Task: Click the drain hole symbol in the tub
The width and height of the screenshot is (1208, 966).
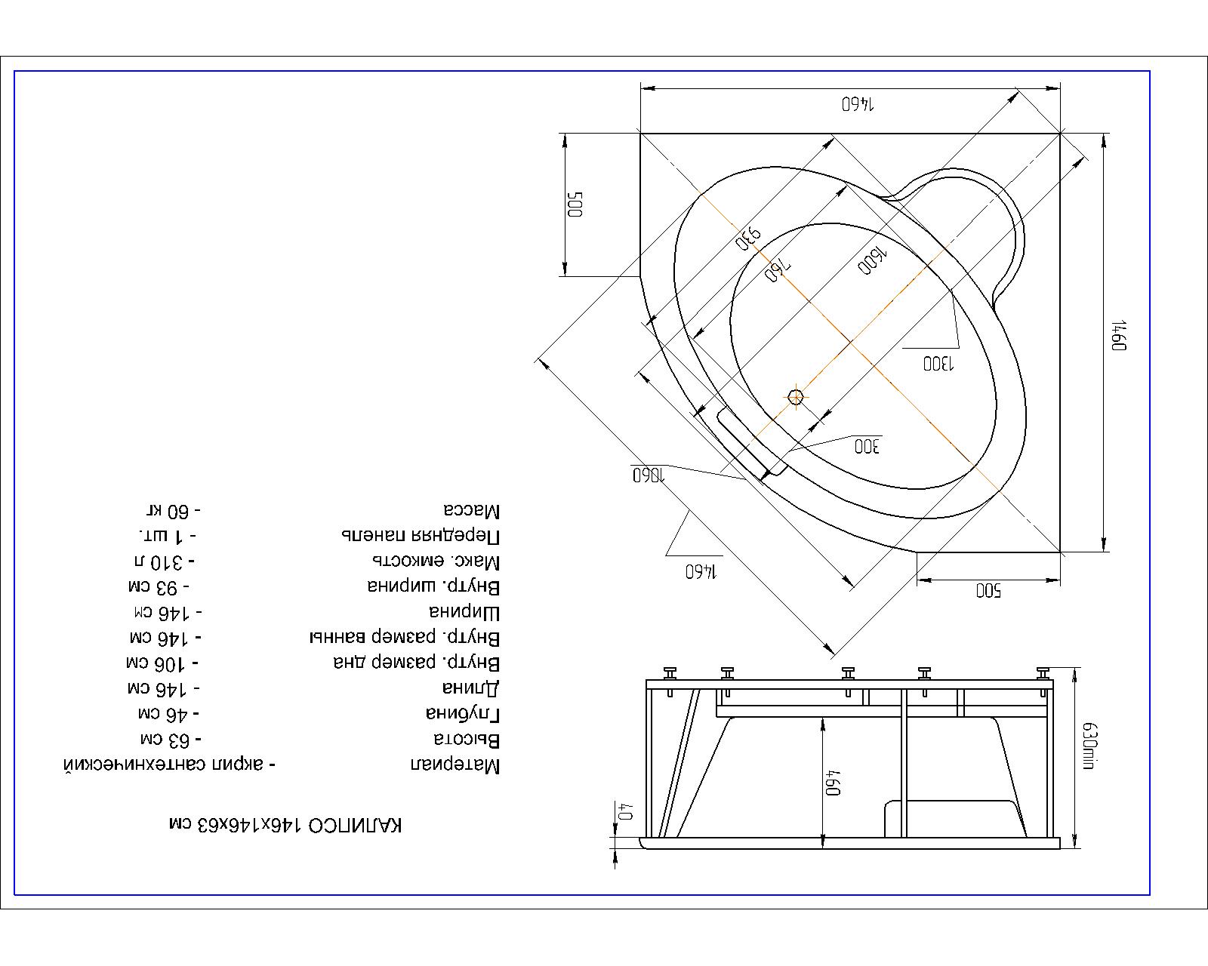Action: coord(796,398)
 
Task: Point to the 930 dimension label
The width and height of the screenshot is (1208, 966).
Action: coord(747,238)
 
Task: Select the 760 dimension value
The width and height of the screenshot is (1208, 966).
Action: coord(778,270)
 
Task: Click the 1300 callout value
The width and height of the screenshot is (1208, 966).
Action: coord(938,365)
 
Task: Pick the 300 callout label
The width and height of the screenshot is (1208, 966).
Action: coord(867,447)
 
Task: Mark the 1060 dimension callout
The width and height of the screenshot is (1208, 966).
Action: coord(649,475)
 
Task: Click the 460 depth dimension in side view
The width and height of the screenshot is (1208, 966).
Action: coord(833,783)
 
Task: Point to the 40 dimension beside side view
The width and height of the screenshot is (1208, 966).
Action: coord(626,812)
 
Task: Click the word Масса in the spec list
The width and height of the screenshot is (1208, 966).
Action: coord(472,510)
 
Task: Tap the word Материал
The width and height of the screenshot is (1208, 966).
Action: coord(455,764)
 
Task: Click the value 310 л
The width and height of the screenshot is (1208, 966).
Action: coord(165,561)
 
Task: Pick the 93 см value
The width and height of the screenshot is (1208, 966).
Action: coord(159,587)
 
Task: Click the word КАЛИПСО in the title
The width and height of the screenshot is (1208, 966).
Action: coord(355,825)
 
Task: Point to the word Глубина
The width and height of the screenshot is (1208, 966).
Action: coord(463,713)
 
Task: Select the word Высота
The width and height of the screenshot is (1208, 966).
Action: coord(467,739)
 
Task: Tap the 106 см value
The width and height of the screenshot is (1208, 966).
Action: coord(162,663)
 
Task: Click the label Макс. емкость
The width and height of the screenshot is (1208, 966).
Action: coord(436,561)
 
